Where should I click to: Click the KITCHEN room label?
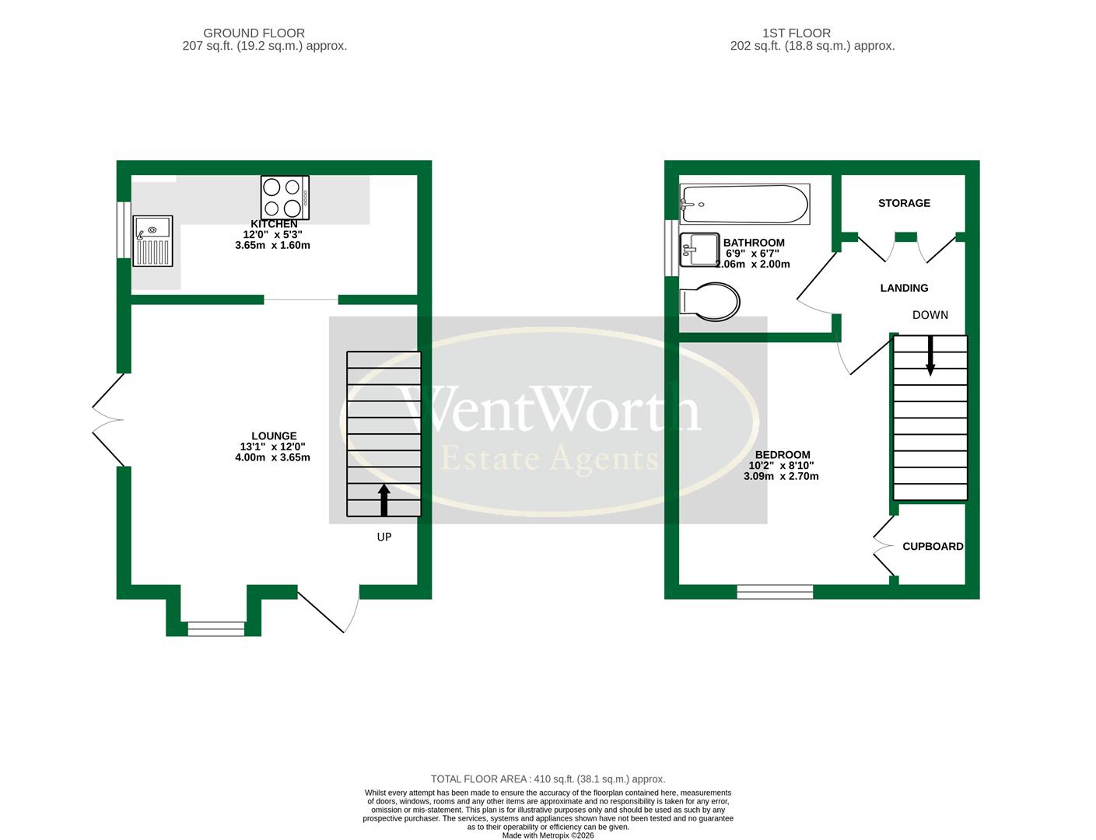(274, 224)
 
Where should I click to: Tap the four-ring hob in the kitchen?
(285, 198)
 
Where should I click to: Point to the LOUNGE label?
(274, 436)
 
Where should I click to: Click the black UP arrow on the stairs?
(383, 499)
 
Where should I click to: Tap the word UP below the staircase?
(384, 537)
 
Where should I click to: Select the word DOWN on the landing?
(930, 315)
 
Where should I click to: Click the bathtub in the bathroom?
(744, 204)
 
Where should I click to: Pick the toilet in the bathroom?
(710, 302)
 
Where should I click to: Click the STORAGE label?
(904, 203)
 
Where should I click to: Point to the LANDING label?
(904, 288)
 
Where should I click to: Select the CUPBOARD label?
(933, 547)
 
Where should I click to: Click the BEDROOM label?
(783, 455)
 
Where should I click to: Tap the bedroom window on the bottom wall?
(775, 592)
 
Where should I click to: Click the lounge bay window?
(215, 628)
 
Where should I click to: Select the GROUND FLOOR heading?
(254, 33)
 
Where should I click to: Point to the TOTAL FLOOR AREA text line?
(548, 779)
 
